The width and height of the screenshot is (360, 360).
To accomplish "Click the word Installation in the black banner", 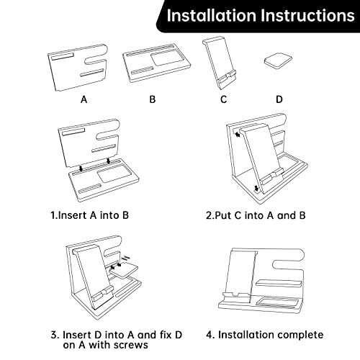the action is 212,16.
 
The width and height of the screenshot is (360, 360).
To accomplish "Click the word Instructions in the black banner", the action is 308,16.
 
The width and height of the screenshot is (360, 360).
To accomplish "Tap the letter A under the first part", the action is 84,99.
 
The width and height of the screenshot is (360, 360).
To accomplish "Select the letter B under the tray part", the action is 153,99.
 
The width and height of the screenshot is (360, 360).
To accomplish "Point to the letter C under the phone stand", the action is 223,99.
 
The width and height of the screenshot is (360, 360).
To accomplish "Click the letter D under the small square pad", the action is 279,99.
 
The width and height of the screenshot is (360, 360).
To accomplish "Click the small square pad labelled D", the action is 278,61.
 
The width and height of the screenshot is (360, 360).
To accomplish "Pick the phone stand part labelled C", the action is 220,63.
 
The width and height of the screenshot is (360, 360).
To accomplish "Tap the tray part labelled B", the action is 156,63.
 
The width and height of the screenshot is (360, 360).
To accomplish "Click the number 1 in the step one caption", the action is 53,215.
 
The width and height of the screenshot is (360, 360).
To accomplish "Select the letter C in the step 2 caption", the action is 238,215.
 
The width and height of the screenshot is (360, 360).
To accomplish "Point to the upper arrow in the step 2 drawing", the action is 238,135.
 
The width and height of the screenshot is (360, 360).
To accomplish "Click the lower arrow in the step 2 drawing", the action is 256,189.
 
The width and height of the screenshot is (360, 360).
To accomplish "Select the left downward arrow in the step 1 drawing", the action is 81,168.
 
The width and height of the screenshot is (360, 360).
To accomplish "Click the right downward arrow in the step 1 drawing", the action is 109,161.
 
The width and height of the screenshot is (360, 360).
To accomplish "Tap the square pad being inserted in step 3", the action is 124,270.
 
